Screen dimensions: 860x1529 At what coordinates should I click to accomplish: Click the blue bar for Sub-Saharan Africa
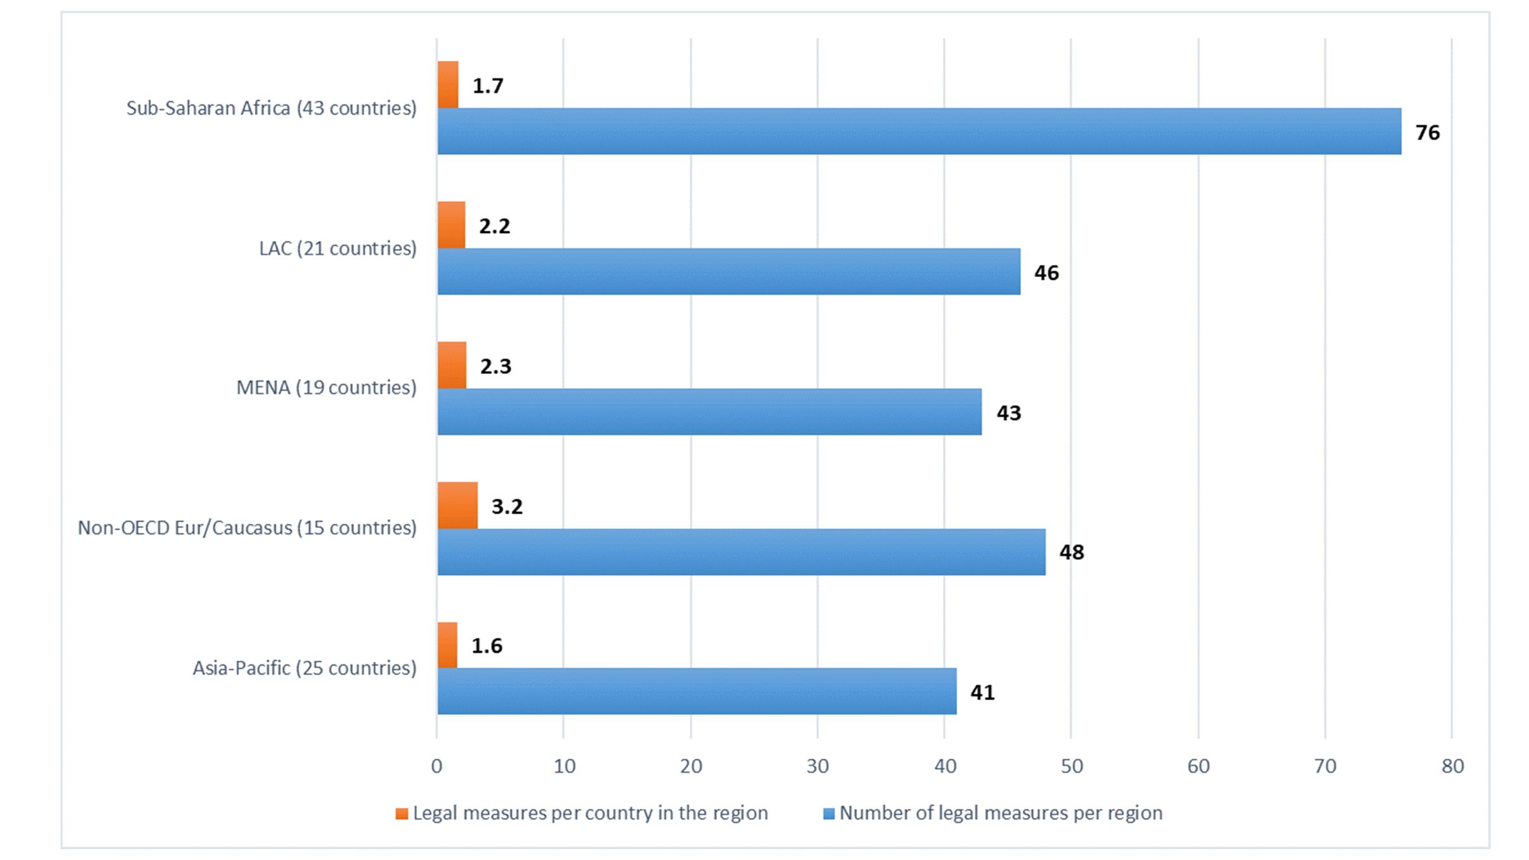(919, 131)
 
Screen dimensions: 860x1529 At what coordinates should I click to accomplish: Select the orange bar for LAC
(451, 225)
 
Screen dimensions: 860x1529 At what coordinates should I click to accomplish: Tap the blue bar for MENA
(709, 412)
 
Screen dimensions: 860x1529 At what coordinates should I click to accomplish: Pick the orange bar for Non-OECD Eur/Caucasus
(457, 505)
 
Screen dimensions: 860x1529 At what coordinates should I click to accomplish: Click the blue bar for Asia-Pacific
(696, 691)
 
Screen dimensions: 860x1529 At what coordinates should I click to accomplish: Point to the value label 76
(1427, 133)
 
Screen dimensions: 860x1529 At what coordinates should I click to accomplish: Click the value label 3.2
(506, 506)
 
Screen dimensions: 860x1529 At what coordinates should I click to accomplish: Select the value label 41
(982, 692)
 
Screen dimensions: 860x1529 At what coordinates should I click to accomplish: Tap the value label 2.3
(495, 366)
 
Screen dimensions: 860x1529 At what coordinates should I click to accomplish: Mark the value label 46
(1046, 273)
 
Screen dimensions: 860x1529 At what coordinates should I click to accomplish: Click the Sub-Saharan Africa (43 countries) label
(271, 108)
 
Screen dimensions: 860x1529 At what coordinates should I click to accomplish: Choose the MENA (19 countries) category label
(326, 387)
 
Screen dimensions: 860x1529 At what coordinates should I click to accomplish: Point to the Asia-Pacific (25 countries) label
(305, 668)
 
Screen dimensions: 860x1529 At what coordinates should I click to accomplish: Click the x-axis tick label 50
(1072, 766)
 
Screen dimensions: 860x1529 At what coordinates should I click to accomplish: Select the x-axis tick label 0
(436, 766)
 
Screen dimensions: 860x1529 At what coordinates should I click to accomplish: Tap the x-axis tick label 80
(1453, 766)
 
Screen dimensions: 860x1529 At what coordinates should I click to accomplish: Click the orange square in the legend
(401, 813)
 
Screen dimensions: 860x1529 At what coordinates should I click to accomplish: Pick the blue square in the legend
(829, 813)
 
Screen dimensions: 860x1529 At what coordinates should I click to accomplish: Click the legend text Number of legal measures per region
(1001, 813)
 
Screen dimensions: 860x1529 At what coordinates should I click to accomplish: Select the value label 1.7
(487, 86)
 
